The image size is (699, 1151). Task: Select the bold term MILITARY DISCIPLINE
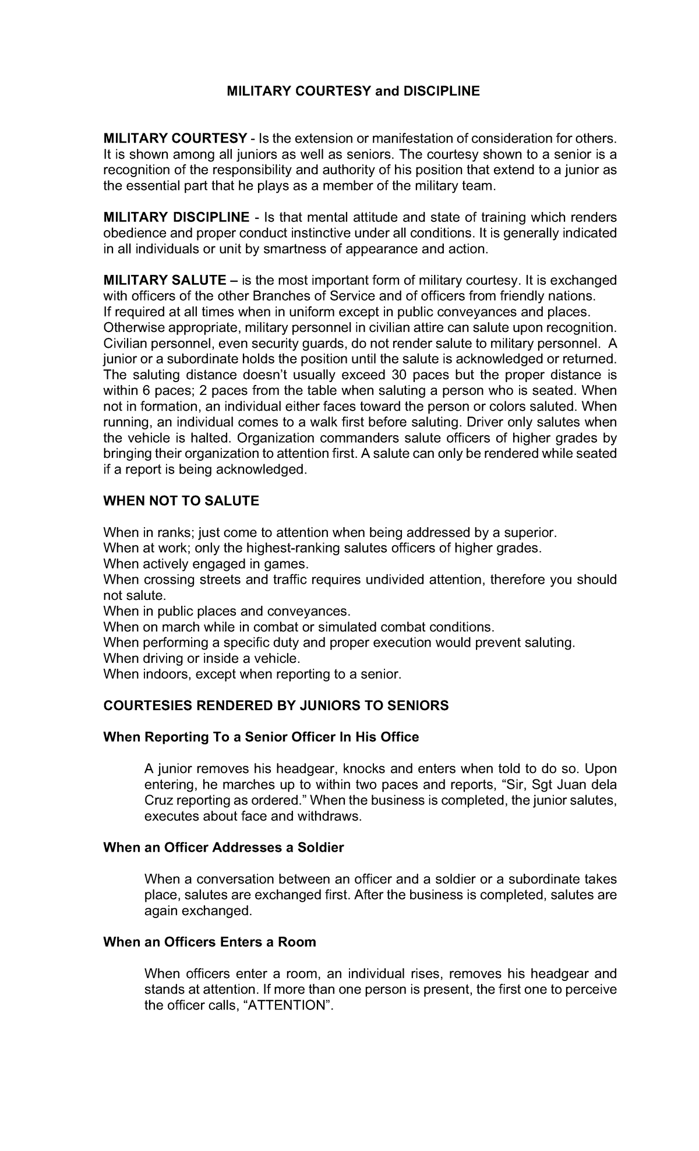tap(176, 217)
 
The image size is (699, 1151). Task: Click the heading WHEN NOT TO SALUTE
tap(181, 501)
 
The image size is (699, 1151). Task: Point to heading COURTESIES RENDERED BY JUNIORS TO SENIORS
tap(276, 705)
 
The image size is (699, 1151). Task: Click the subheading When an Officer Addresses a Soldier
tap(223, 847)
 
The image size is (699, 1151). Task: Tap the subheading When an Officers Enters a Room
tap(209, 942)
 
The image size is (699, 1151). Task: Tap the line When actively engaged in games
tap(206, 564)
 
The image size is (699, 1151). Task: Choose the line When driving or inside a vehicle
tap(202, 658)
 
